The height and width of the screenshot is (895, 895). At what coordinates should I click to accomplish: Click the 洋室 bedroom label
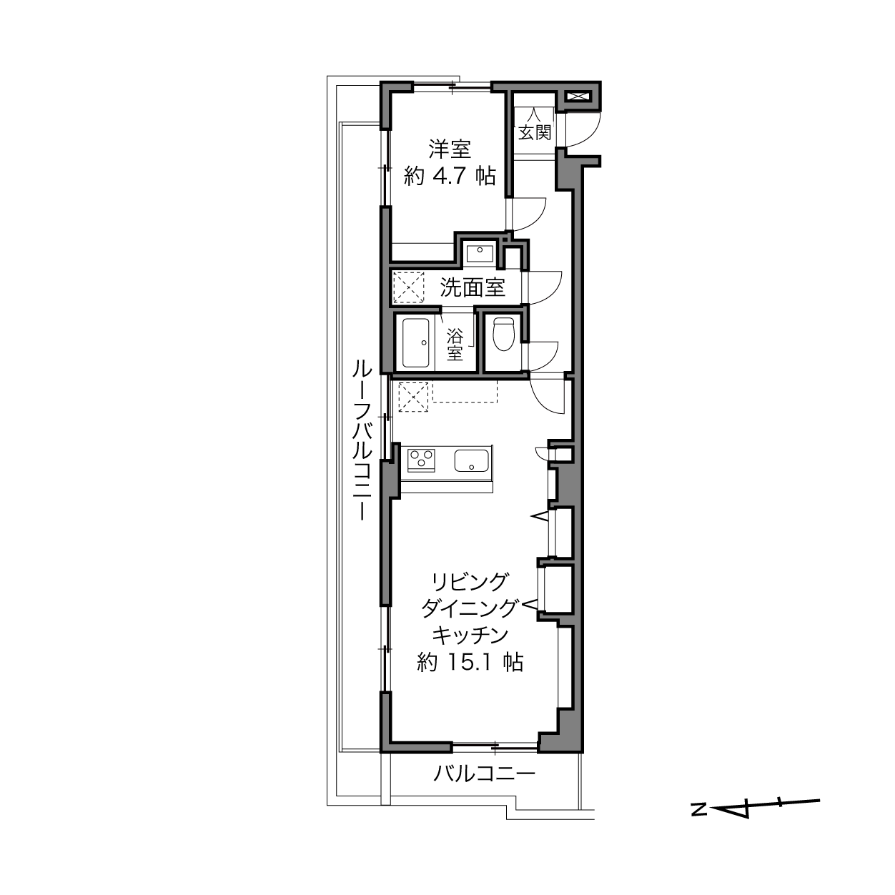pos(450,149)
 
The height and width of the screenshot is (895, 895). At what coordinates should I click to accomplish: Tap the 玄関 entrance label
pos(535,133)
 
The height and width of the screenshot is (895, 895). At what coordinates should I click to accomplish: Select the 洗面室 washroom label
pos(473,287)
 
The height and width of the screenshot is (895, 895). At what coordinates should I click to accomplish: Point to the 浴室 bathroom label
pos(455,345)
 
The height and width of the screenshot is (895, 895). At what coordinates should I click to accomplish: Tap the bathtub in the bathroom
pos(415,342)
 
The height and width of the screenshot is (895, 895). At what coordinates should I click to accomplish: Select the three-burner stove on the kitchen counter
pos(421,460)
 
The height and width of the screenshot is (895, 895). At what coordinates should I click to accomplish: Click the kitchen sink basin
pos(471,460)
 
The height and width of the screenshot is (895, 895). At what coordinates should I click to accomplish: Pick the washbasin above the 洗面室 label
pos(480,254)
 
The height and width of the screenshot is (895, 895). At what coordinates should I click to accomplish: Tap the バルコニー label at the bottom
pos(485,773)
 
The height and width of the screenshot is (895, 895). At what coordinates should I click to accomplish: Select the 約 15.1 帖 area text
pos(470,662)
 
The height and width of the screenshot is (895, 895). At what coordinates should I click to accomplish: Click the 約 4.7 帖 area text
pos(450,176)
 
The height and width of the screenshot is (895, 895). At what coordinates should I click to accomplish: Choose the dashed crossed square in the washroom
pos(409,287)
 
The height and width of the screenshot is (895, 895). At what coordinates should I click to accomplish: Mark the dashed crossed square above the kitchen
pos(413,397)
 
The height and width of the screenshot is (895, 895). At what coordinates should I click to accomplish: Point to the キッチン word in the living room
pos(470,635)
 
